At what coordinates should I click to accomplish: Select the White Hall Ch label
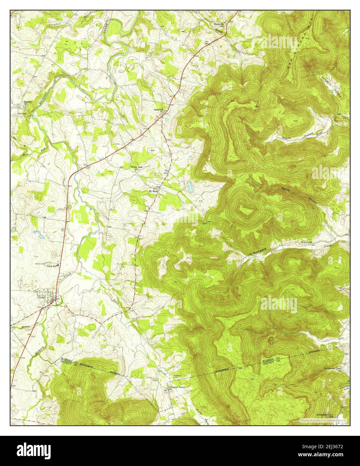(136, 168)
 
